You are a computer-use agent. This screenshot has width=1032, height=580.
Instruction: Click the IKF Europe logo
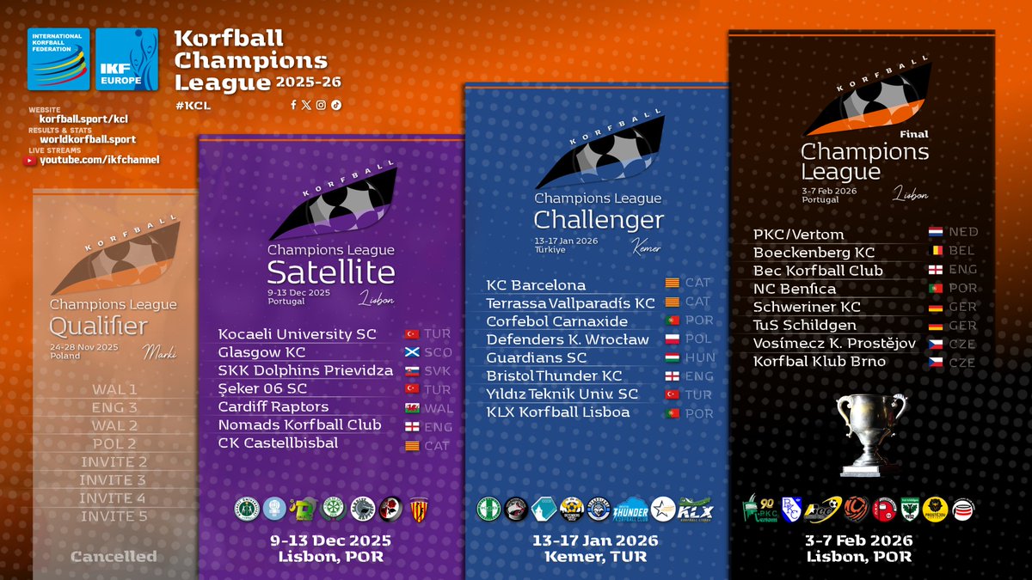(x=126, y=59)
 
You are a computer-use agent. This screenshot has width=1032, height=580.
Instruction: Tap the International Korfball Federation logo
(x=58, y=59)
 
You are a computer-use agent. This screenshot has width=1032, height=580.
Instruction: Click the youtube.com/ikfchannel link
(x=100, y=160)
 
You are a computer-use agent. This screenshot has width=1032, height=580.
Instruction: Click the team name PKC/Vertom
(x=798, y=234)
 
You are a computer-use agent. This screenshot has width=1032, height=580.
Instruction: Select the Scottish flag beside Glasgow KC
(x=411, y=352)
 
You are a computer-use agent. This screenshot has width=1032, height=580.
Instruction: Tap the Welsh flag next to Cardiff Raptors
(x=411, y=407)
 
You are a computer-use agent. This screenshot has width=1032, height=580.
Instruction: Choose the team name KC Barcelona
(x=536, y=284)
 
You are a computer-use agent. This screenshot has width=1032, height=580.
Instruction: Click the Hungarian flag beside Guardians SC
(x=673, y=357)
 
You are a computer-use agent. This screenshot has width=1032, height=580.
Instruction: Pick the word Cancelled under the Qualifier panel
(x=114, y=556)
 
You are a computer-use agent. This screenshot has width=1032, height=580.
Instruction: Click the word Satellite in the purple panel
(x=331, y=272)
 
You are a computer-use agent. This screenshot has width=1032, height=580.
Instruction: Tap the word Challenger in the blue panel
(x=599, y=220)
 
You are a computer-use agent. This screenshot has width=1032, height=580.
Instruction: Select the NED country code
(x=963, y=232)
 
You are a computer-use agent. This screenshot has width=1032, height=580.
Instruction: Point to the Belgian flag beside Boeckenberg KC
(x=936, y=251)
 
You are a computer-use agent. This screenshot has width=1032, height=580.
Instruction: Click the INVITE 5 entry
(x=114, y=516)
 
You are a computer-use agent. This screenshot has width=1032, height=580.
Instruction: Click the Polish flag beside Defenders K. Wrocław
(x=673, y=339)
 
